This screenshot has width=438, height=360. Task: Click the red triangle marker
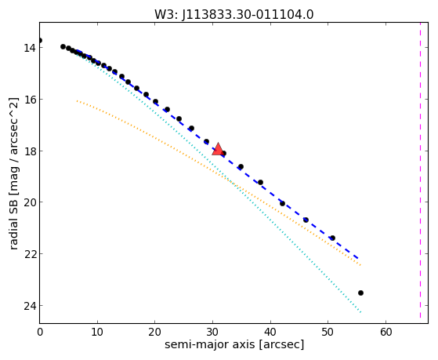(218, 149)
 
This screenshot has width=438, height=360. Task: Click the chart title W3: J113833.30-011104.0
(234, 15)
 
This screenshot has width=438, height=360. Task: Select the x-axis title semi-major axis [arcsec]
(234, 344)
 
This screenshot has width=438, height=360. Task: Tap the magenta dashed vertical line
(420, 170)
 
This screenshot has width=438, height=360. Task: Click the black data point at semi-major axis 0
(40, 40)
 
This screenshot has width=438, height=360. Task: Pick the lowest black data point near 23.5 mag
(360, 293)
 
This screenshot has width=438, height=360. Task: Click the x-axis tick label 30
(212, 333)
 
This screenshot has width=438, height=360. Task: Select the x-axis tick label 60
(386, 333)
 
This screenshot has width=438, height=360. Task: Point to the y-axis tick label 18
(30, 151)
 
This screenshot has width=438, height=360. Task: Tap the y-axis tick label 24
(30, 306)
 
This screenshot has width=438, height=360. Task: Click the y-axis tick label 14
(30, 48)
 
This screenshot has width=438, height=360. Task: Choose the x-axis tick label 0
(40, 333)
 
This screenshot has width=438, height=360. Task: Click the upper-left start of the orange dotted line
(77, 100)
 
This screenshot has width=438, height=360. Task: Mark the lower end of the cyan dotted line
(360, 312)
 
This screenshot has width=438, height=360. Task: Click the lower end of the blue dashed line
(358, 258)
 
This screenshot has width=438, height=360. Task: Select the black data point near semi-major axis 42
(282, 203)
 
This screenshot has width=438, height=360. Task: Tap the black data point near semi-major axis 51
(332, 238)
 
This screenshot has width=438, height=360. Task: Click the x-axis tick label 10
(97, 333)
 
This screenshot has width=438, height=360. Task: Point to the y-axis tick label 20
(30, 202)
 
